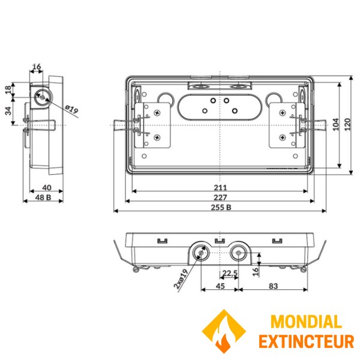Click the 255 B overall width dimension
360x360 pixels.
pyautogui.click(x=220, y=208)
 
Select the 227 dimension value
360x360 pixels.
pyautogui.click(x=220, y=197)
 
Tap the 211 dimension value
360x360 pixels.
pyautogui.click(x=220, y=187)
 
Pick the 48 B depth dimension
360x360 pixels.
pyautogui.click(x=42, y=197)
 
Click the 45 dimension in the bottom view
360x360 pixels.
pyautogui.click(x=220, y=286)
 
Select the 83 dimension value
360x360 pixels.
pyautogui.click(x=274, y=286)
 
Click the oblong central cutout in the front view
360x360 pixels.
pyautogui.click(x=220, y=106)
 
